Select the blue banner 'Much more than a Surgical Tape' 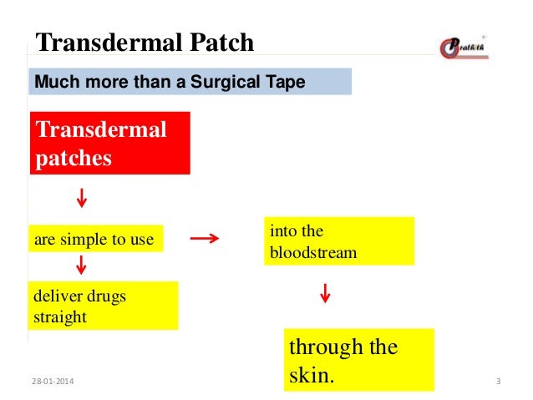190,82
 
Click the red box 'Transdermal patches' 110,143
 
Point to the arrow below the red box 82,199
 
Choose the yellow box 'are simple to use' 95,240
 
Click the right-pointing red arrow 205,239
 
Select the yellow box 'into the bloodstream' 338,241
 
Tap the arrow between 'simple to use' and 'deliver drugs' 82,265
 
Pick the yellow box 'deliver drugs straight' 103,306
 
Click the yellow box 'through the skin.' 359,360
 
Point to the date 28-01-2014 51,382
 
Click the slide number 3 498,382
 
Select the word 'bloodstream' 312,252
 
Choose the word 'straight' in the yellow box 60,317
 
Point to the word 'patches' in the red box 73,158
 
